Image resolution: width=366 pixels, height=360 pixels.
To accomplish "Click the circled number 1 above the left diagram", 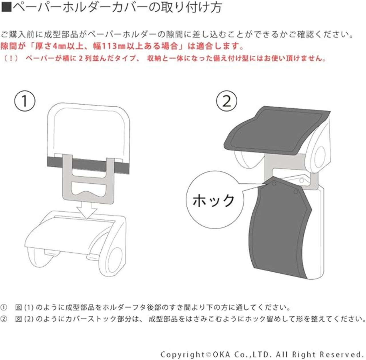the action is (25, 101).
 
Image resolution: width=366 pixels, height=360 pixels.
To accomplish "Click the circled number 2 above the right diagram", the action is (226, 101).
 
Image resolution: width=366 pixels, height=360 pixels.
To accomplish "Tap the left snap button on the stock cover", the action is (274, 183).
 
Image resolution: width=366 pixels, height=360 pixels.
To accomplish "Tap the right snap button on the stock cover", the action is (296, 191).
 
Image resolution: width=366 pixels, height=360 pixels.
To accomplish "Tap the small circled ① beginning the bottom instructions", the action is (4, 308).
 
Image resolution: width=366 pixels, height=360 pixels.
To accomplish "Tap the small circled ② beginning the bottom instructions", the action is (4, 319).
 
